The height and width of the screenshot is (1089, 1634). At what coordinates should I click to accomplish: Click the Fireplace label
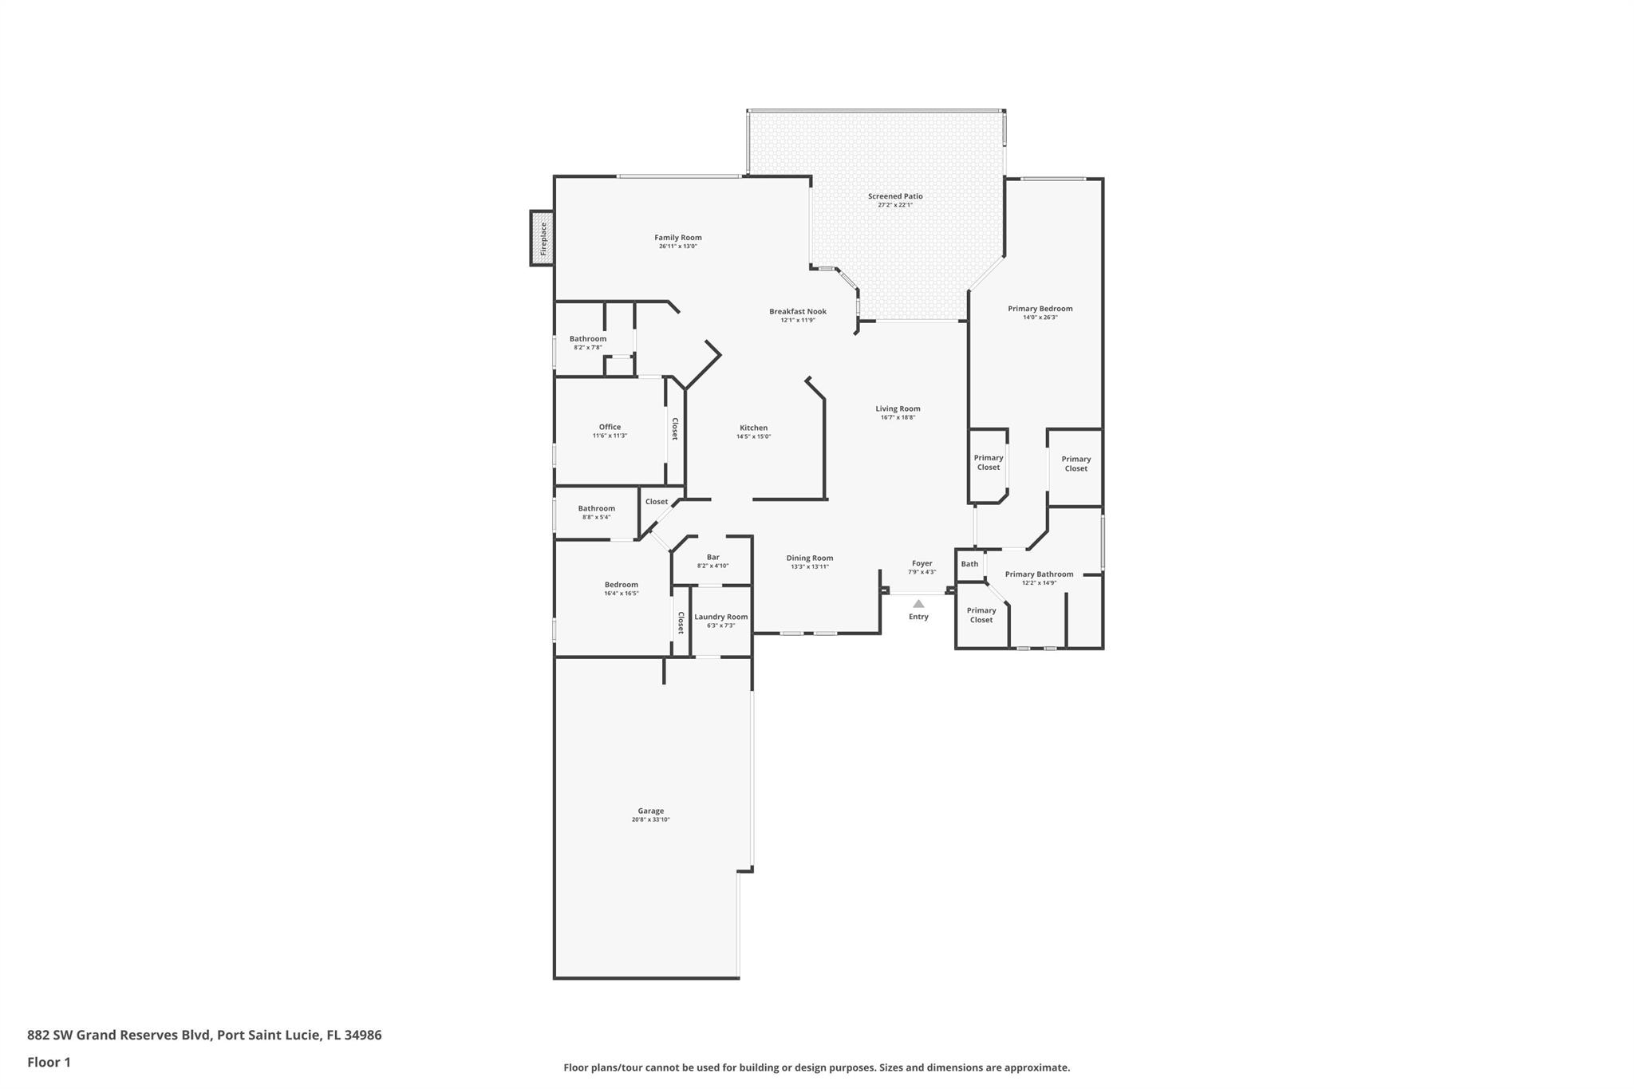543,238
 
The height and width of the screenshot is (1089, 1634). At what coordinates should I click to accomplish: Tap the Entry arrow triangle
918,604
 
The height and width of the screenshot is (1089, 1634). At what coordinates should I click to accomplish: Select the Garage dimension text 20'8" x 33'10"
651,819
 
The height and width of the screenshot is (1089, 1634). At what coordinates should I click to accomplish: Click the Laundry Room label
721,617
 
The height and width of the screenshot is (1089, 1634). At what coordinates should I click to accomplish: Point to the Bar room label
713,558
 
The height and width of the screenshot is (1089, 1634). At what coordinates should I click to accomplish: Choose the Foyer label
922,563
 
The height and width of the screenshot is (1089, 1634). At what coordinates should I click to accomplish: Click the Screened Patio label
895,196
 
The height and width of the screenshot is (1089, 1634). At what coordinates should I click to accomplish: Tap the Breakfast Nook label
798,311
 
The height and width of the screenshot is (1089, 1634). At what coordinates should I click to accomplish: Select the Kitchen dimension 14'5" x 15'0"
754,436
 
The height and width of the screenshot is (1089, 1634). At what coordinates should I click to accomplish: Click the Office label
610,427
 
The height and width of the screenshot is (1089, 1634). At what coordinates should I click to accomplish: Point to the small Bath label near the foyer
969,564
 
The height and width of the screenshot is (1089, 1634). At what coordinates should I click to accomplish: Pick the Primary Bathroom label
1039,574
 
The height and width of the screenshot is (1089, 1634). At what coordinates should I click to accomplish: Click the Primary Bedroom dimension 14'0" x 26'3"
1040,318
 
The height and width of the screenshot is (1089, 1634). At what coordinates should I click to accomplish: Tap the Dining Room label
810,558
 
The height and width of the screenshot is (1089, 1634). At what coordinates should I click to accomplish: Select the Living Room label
898,408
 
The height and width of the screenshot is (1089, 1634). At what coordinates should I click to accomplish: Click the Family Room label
678,238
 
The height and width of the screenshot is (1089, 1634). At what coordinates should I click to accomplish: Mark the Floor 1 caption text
49,1062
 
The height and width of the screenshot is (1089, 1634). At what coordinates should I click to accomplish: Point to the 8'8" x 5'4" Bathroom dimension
597,517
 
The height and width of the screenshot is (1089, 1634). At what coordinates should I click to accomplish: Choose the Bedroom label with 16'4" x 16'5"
622,585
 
